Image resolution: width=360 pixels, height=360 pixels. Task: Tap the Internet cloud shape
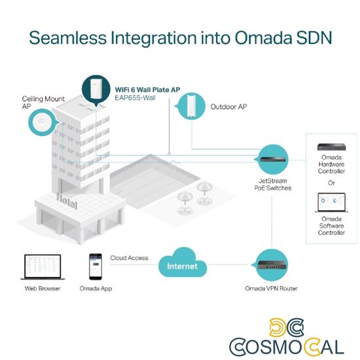[182, 266]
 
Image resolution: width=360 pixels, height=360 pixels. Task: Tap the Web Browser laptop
[43, 266]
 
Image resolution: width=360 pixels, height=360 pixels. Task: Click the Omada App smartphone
[94, 267]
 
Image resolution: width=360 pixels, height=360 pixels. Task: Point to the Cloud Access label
[129, 258]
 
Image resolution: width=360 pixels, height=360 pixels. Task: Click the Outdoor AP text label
[228, 105]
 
